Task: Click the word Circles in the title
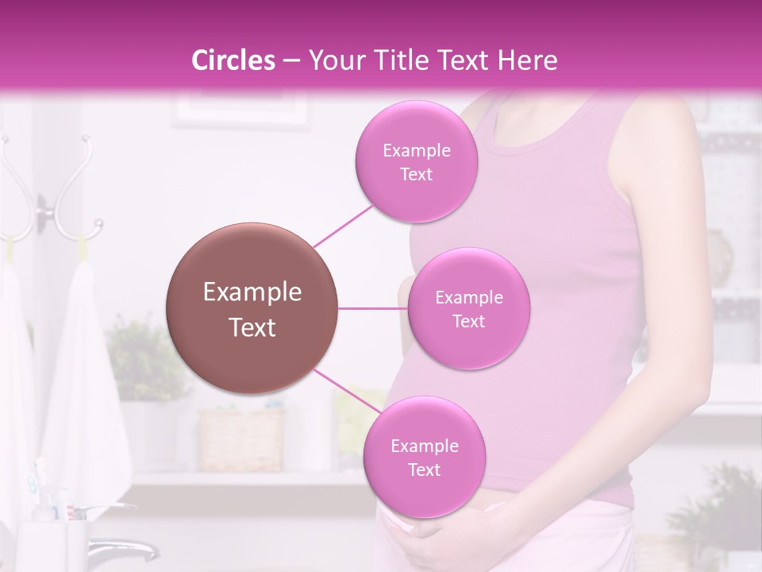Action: (x=233, y=60)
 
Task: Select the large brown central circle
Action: (x=252, y=308)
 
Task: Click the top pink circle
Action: (x=416, y=161)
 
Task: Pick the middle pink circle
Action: (x=468, y=308)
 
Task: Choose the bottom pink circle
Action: (x=424, y=457)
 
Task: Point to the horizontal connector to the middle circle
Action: (x=372, y=308)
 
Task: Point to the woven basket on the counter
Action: (x=241, y=439)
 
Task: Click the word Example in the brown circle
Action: (x=252, y=292)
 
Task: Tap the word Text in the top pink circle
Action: (x=416, y=174)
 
